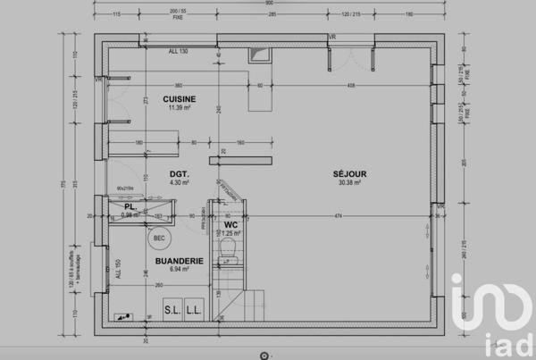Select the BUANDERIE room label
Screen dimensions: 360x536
(179, 261)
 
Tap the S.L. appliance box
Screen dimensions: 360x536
(172, 309)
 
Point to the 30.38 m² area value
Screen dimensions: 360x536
(349, 182)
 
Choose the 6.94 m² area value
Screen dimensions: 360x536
(179, 269)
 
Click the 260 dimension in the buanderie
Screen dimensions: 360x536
(158, 286)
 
